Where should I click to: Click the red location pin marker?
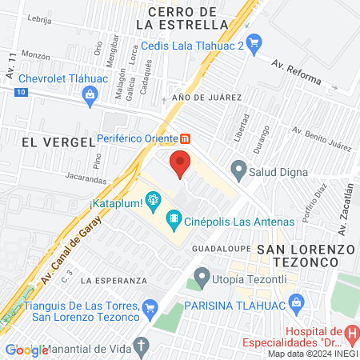pyautogui.click(x=180, y=165)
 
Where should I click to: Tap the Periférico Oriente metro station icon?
pyautogui.click(x=185, y=137)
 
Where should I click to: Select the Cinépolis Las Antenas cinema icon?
pyautogui.click(x=172, y=218)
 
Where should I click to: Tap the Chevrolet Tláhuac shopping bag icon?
pyautogui.click(x=90, y=96)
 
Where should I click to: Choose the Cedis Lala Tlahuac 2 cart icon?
pyautogui.click(x=254, y=42)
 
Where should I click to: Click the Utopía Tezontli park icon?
pyautogui.click(x=200, y=281)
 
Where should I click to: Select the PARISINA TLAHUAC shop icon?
pyautogui.click(x=297, y=302)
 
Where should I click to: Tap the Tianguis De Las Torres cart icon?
pyautogui.click(x=150, y=307)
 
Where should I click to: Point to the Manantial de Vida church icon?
pyautogui.click(x=142, y=346)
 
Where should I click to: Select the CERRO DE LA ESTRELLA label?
pyautogui.click(x=182, y=18)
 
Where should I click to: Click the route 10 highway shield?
pyautogui.click(x=21, y=93)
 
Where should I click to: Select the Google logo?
pyautogui.click(x=26, y=350)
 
